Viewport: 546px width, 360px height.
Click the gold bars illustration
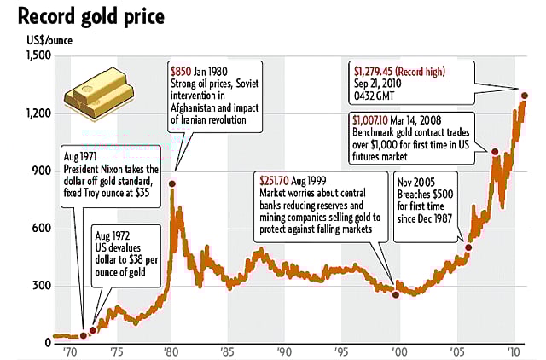click(97, 94)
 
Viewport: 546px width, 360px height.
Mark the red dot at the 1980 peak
click(173, 184)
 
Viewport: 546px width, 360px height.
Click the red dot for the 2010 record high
click(525, 96)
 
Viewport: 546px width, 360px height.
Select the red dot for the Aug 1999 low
click(395, 294)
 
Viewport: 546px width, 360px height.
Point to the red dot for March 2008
click(494, 152)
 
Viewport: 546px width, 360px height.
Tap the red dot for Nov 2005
click(468, 247)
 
